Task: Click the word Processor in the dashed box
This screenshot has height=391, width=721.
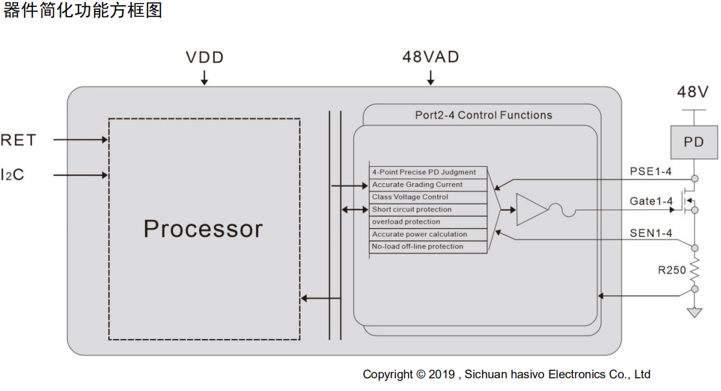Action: [203, 229]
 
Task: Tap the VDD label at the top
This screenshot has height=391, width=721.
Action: [205, 58]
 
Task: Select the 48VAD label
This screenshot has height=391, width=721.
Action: [430, 57]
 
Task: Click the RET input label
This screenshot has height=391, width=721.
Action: [18, 140]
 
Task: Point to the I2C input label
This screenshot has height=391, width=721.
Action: [13, 174]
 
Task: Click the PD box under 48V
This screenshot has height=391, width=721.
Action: [694, 142]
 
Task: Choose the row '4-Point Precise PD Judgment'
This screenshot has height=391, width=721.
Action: [428, 172]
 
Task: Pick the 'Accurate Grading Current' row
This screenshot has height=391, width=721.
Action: [428, 185]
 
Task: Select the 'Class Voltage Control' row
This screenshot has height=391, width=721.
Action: [428, 197]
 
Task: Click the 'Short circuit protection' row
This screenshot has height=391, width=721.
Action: [428, 210]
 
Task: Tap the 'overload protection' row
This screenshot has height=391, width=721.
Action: [428, 222]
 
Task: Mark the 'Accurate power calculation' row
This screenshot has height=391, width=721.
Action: [428, 234]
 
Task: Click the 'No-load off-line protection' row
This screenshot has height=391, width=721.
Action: [428, 247]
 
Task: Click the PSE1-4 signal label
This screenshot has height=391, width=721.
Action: [651, 172]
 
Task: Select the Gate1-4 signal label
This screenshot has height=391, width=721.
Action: [651, 202]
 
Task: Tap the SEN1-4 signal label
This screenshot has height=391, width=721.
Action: [651, 233]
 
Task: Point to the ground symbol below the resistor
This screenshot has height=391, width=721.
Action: [694, 312]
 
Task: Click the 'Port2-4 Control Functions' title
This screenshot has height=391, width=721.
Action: [484, 115]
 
